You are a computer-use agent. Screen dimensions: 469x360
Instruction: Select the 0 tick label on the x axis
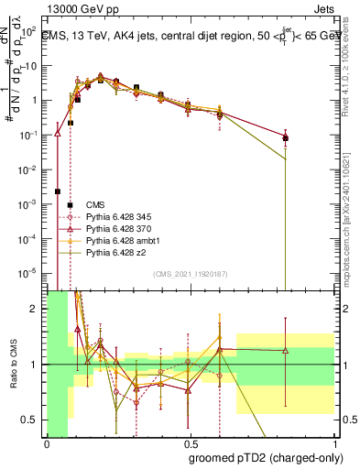coord(47,444)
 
